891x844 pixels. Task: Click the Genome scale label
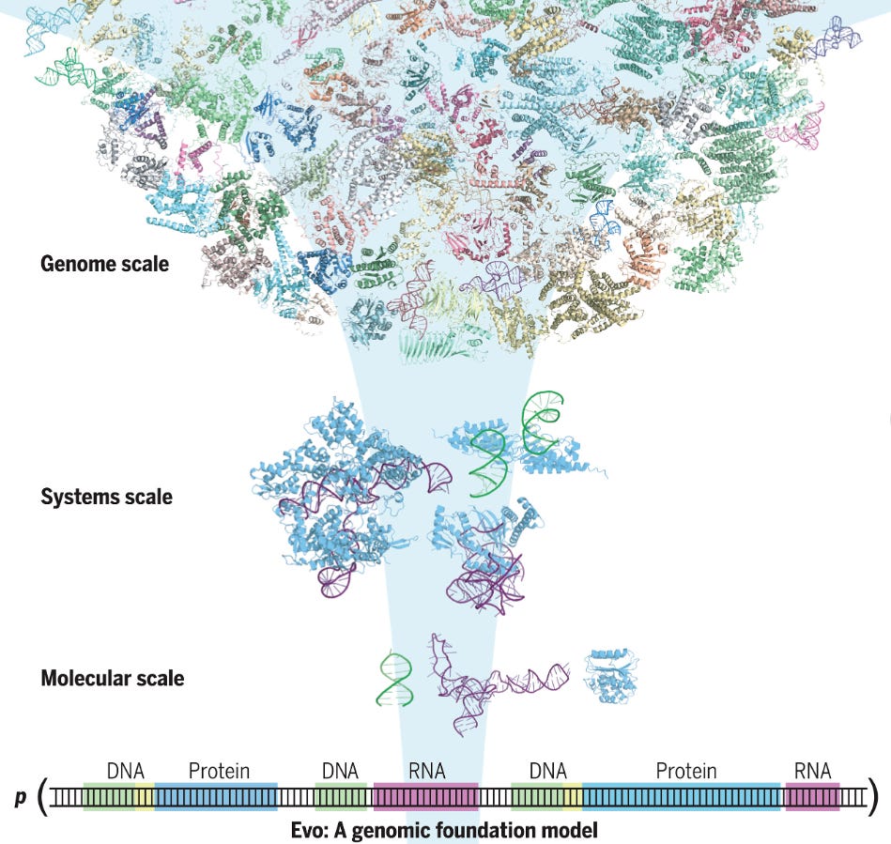[x=104, y=264]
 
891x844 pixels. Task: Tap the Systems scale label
[x=106, y=497]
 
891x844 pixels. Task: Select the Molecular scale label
[x=112, y=677]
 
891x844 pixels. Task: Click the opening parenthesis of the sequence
[x=41, y=797]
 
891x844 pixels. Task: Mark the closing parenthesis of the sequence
[x=874, y=797]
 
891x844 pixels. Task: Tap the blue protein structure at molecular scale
[x=611, y=675]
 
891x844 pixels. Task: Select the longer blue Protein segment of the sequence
[x=682, y=797]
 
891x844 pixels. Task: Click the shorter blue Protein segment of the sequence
[x=216, y=797]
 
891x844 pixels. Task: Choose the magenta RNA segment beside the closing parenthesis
[x=812, y=797]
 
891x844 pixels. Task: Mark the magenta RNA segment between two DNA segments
[x=425, y=797]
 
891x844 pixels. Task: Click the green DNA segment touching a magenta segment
[x=340, y=797]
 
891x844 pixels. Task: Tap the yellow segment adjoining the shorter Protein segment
[x=144, y=797]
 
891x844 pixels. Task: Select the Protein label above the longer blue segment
[x=685, y=771]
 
